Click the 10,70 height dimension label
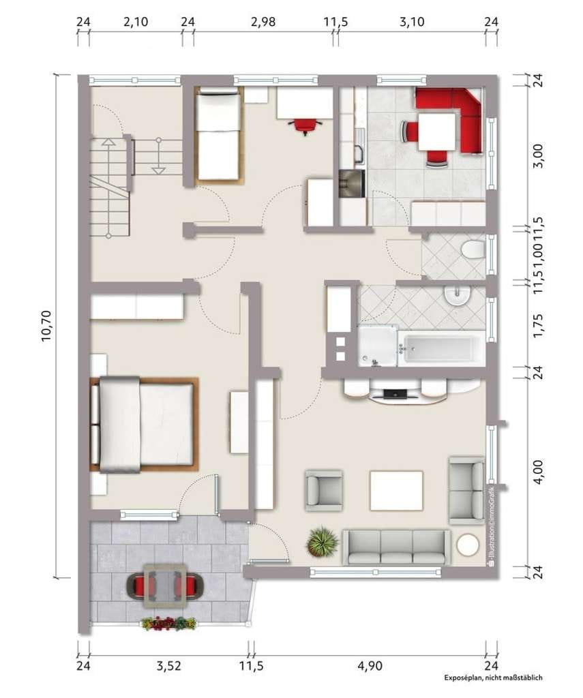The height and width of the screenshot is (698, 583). (47, 327)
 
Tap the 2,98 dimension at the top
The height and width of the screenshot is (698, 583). (263, 21)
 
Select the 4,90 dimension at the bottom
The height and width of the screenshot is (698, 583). (370, 666)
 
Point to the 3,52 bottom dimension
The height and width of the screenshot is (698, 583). (169, 666)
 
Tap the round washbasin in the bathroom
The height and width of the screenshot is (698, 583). (458, 296)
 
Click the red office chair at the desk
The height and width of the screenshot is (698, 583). (305, 126)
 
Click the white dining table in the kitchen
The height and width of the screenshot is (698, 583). (437, 132)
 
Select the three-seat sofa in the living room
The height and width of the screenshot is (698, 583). (396, 547)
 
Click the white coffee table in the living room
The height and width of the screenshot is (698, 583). (396, 491)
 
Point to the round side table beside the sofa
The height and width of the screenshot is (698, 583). (468, 545)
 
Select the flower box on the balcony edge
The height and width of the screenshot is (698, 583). (169, 624)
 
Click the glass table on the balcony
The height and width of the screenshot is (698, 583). (165, 586)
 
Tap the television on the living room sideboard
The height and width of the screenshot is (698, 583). (395, 393)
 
